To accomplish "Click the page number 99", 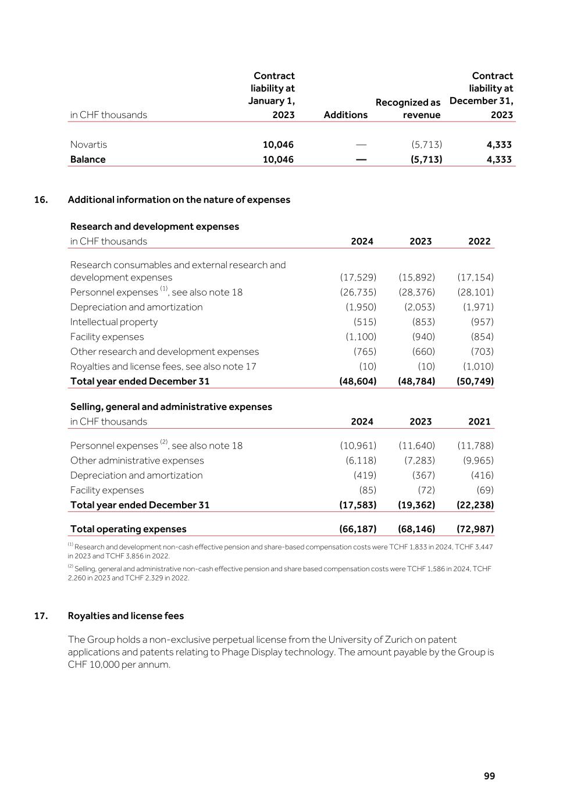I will [489, 776].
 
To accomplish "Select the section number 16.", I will [41, 200].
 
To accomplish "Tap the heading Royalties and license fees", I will [126, 615].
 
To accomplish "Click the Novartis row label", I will [88, 144].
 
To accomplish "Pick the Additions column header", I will [345, 115].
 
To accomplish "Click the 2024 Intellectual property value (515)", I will [365, 322].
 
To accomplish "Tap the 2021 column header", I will [479, 421].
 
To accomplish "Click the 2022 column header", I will [479, 241].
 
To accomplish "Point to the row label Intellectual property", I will [114, 322].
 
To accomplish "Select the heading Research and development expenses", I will [155, 226].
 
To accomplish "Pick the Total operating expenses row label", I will [129, 529].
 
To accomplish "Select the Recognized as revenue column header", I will [408, 109].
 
